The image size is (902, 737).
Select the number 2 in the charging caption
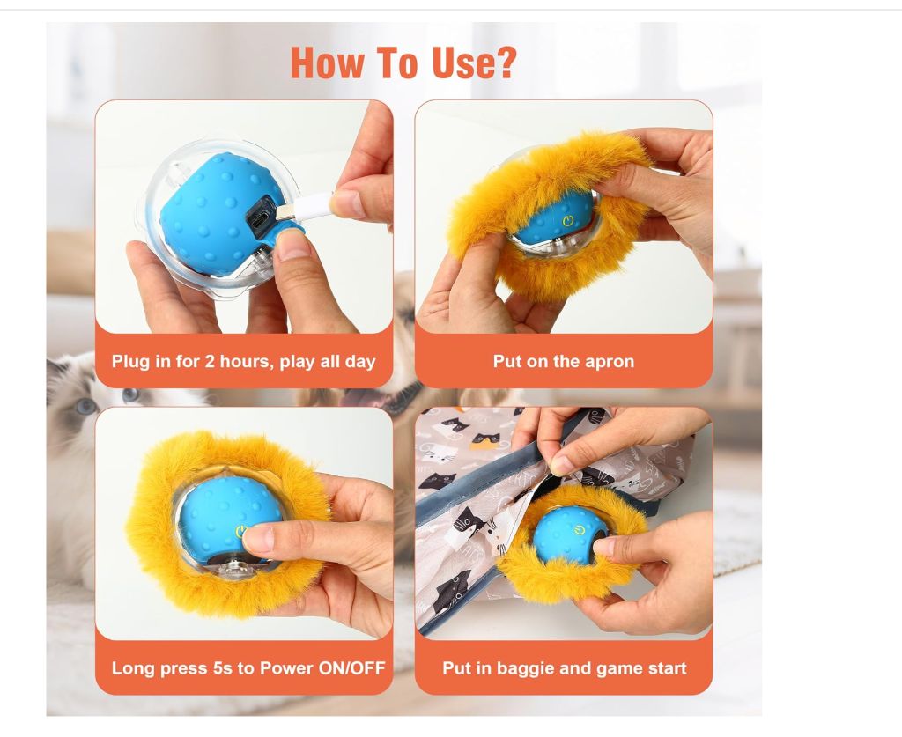coord(210,362)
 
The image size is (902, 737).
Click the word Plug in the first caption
coord(129,362)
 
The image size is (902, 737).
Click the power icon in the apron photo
coord(568,221)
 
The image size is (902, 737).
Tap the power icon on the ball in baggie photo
coord(579,529)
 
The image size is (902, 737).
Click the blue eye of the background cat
coord(86,407)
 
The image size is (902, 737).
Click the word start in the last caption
coord(668,668)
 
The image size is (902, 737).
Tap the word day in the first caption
coord(360,363)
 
